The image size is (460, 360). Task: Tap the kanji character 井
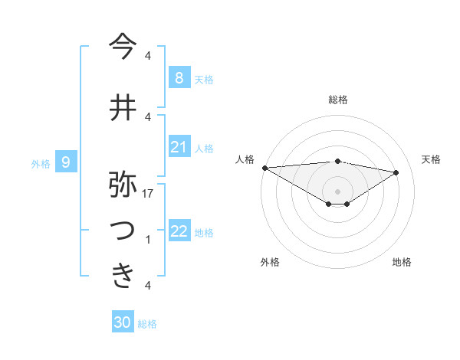[x=123, y=106]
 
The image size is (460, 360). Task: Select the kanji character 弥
[x=123, y=185]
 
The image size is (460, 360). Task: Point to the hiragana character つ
[x=123, y=230]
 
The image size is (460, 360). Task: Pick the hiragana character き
[x=123, y=275]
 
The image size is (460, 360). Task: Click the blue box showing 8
[x=179, y=77]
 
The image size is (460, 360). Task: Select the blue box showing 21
[x=179, y=147]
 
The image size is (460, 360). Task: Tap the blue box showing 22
[x=179, y=231]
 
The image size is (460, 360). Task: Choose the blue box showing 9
[x=66, y=162]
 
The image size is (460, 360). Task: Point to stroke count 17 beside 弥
[x=148, y=195]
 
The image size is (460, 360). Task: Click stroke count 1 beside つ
[x=148, y=240]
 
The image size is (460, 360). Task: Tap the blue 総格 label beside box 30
[x=147, y=324]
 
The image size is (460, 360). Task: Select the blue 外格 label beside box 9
[x=41, y=163]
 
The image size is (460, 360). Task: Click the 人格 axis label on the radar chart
[x=245, y=159]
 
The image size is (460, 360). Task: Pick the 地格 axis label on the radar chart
[x=402, y=262]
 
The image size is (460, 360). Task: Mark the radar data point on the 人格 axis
[x=264, y=167]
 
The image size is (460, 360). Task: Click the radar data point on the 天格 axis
[x=396, y=172]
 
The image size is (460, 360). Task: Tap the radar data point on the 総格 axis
[x=337, y=161]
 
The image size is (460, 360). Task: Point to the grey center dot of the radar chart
[x=337, y=191]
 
